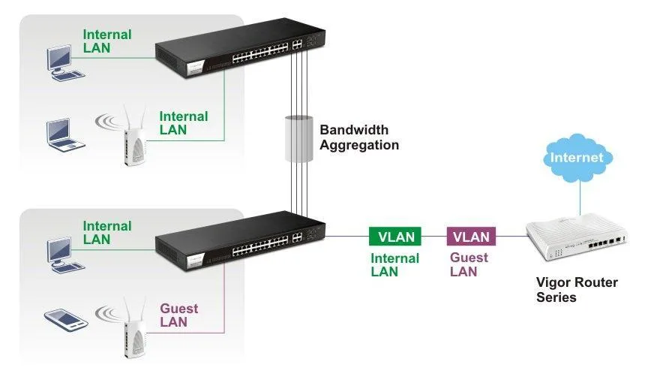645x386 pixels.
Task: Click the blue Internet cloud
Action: [x=576, y=157]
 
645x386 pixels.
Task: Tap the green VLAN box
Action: [x=395, y=237]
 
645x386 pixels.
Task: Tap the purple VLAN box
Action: [x=471, y=237]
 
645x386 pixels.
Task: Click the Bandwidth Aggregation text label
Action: [x=358, y=137]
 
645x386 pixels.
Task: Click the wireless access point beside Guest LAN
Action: [x=133, y=327]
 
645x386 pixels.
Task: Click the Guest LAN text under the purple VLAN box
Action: [x=469, y=264]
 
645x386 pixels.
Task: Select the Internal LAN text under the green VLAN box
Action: [x=395, y=264]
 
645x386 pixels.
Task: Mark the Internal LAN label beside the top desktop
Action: [x=106, y=41]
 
